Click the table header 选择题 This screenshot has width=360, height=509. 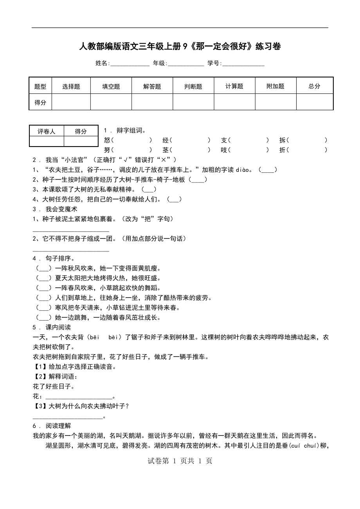71,86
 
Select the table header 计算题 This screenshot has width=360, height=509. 234,86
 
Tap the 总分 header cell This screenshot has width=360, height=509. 314,86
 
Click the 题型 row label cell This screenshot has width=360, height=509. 40,86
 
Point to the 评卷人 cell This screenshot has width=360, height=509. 47,132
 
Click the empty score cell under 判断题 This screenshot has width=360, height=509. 193,102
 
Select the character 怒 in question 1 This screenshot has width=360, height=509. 107,140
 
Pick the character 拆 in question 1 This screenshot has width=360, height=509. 282,140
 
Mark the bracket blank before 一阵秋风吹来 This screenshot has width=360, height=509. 43,268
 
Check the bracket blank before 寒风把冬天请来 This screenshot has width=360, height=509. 43,308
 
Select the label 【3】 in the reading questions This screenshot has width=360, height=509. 40,406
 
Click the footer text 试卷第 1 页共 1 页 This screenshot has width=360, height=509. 180,461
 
